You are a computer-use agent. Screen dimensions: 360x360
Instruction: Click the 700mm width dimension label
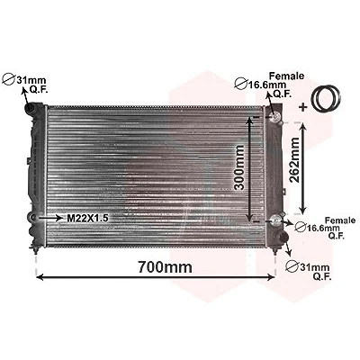tap(165, 266)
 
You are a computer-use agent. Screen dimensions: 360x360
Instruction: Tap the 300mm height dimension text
tap(239, 167)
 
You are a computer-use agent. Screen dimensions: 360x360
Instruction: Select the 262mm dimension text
tap(294, 160)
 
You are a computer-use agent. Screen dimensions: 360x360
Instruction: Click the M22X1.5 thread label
tap(87, 218)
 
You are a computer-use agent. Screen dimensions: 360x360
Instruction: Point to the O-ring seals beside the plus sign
tap(326, 98)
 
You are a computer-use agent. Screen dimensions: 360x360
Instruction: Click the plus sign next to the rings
tap(303, 107)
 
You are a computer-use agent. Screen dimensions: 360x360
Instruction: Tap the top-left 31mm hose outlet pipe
tap(31, 108)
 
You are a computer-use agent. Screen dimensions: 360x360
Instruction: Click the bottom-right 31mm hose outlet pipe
tap(283, 237)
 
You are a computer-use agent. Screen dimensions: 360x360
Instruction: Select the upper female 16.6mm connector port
tap(275, 116)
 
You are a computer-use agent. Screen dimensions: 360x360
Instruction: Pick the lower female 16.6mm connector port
tap(275, 220)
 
